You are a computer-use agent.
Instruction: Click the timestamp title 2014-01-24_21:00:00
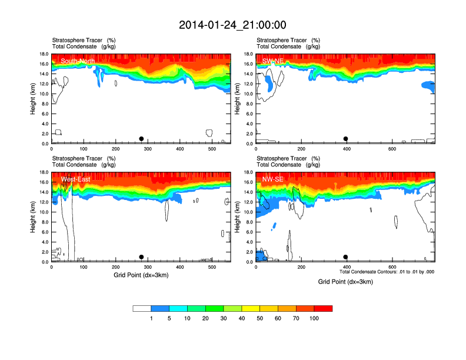point(232,25)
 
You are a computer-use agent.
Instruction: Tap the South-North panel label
point(78,61)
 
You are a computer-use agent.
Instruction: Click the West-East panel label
point(75,179)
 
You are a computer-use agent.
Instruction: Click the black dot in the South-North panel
point(141,139)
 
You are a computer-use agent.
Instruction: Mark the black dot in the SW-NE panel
point(346,139)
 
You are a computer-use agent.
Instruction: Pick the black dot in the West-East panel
point(141,257)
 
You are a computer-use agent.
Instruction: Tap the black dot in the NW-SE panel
point(346,257)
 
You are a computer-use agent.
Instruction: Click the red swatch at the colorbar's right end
point(323,308)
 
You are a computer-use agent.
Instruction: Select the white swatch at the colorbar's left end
point(142,308)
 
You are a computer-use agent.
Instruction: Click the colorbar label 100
point(314,318)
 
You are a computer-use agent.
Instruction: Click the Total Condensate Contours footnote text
point(387,272)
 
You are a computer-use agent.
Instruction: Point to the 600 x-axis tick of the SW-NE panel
point(391,149)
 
